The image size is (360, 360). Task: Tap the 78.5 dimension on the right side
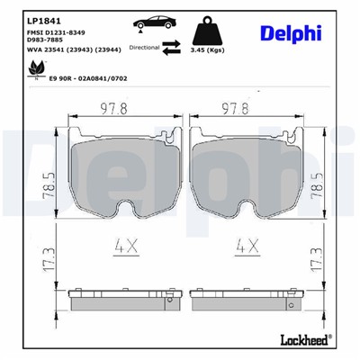315,170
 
